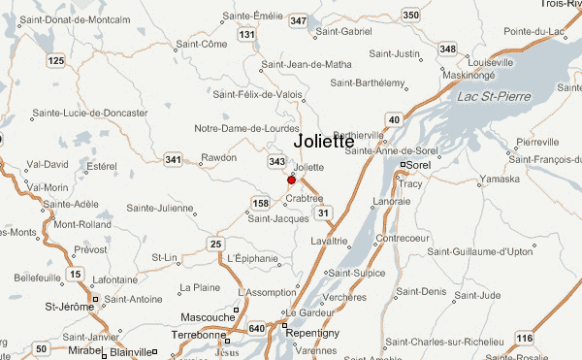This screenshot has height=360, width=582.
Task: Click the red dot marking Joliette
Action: pyautogui.click(x=291, y=180)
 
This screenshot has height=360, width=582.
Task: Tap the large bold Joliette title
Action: pyautogui.click(x=334, y=141)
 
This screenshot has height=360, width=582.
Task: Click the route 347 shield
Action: pyautogui.click(x=298, y=21)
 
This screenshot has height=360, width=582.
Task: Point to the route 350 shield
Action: pyautogui.click(x=411, y=15)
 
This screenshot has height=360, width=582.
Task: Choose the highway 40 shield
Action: pyautogui.click(x=394, y=119)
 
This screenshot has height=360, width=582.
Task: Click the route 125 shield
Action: pyautogui.click(x=55, y=62)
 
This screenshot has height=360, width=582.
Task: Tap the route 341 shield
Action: pyautogui.click(x=174, y=159)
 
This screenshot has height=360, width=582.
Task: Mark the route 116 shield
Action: pyautogui.click(x=525, y=338)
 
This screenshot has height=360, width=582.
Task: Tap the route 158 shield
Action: pyautogui.click(x=260, y=203)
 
